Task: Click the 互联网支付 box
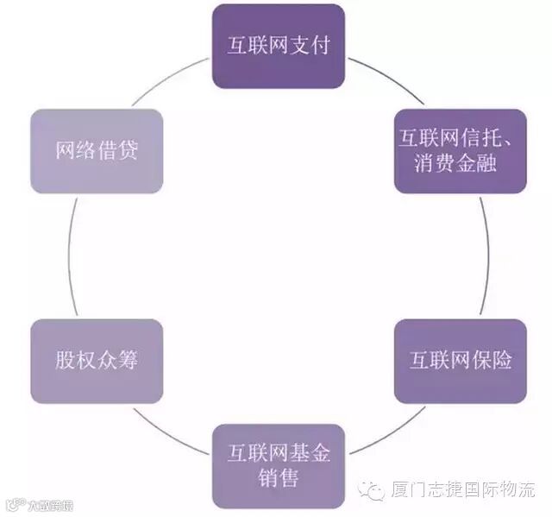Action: (279, 46)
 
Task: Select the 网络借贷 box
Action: (97, 151)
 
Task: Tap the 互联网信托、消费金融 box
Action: (460, 151)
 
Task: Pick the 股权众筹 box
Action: (97, 361)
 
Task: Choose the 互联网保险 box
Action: (460, 361)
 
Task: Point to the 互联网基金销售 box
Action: (279, 465)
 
